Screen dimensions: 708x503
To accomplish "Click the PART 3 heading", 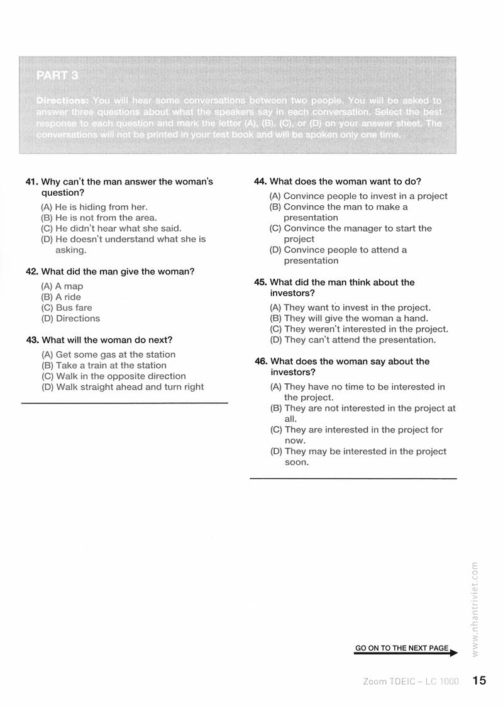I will click(x=57, y=76).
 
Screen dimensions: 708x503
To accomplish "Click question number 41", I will click(x=32, y=182).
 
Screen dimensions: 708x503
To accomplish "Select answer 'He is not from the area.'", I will click(x=106, y=218).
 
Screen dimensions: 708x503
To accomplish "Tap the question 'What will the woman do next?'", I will click(x=107, y=340).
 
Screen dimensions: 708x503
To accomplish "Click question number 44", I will click(x=260, y=181).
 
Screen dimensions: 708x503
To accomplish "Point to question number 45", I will click(x=261, y=283).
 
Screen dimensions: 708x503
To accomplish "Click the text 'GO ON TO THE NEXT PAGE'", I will click(x=402, y=648).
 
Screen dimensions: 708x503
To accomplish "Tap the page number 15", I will click(x=479, y=680).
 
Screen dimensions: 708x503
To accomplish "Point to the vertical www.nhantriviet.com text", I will click(x=475, y=607).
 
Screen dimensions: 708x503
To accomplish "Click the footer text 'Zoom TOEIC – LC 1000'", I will click(x=411, y=682).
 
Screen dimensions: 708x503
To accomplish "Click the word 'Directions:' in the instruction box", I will click(x=62, y=101).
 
